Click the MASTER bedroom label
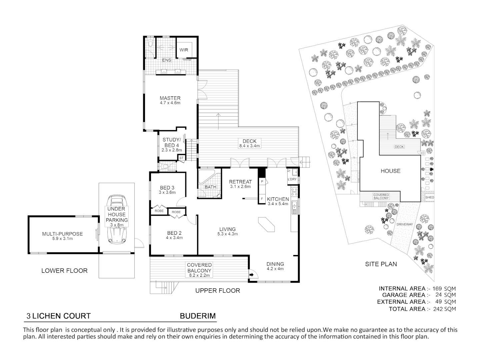[170, 98]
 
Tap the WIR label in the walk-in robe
[184, 50]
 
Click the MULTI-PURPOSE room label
[62, 234]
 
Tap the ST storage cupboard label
[182, 158]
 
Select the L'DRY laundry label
[292, 179]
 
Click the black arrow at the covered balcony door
[251, 275]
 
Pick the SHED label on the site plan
[430, 197]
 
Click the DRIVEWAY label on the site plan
[405, 224]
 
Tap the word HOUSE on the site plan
[390, 171]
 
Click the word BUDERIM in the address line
[198, 316]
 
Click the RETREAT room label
[240, 182]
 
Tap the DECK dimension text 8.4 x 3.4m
[249, 146]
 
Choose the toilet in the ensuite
[151, 43]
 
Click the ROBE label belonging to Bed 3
[159, 211]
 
